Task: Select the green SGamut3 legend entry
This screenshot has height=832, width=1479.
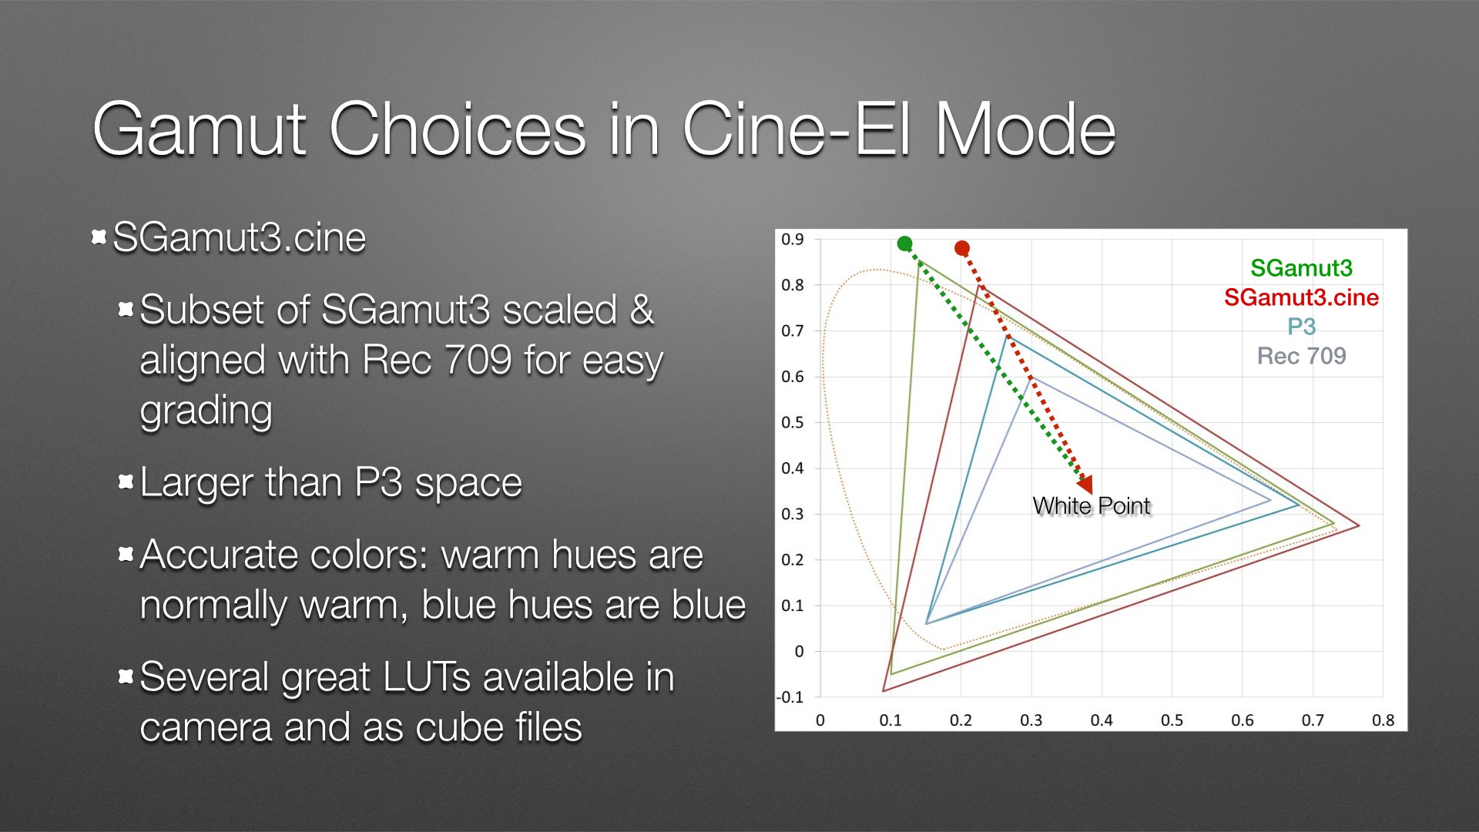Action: pos(1301,268)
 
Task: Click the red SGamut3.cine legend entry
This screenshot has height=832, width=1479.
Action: pos(1301,297)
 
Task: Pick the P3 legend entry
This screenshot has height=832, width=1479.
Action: pos(1301,327)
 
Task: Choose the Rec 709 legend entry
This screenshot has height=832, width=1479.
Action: pos(1301,356)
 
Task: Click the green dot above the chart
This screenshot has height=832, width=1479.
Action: pos(905,244)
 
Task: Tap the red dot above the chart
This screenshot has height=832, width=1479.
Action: pos(962,248)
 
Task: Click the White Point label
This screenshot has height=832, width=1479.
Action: pos(1091,506)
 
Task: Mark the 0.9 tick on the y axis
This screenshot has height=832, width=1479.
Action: pos(793,240)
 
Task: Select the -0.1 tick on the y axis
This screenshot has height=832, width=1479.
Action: pos(790,697)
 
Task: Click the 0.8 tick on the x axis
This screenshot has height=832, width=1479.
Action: pos(1383,720)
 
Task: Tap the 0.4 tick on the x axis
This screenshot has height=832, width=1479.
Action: pos(1102,720)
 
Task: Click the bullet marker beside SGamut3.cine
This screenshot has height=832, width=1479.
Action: pos(99,237)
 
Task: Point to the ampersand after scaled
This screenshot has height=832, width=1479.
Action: pos(642,310)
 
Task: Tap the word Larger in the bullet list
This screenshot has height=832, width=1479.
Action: pos(196,484)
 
